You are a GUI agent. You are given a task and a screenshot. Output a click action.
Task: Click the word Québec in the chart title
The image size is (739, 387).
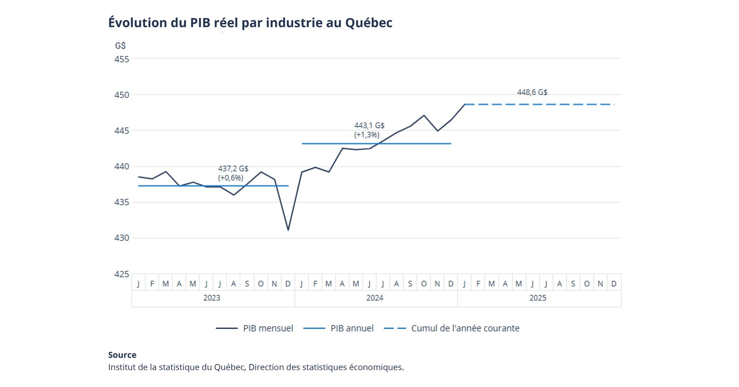(369, 23)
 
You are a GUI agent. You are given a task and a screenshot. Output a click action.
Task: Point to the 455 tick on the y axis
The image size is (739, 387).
(122, 59)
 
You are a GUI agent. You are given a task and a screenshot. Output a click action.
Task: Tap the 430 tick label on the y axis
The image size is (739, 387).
(122, 238)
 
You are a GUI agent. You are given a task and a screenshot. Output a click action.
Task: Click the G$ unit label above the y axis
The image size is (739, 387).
(120, 46)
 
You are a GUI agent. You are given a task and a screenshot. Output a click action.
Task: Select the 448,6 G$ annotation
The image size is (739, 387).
(532, 92)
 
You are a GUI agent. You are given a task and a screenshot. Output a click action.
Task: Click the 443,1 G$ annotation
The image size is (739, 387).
(369, 126)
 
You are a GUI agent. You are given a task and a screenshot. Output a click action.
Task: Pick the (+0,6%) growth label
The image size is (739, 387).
(231, 178)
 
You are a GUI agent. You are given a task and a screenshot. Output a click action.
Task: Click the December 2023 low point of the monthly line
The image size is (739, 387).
(288, 230)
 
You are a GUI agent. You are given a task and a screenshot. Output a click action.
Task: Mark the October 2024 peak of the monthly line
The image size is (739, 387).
(424, 115)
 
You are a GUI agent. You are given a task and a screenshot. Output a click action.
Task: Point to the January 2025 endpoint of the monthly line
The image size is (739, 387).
(464, 104)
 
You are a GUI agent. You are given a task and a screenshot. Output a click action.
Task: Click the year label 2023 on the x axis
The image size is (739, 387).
(212, 298)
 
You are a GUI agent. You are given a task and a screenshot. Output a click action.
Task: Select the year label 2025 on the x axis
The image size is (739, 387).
(537, 298)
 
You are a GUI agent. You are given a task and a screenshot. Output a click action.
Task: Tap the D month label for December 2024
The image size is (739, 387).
(451, 284)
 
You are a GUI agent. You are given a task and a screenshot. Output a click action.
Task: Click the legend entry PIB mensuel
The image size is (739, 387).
(268, 328)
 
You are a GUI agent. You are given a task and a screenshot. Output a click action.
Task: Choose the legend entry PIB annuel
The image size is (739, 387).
(352, 328)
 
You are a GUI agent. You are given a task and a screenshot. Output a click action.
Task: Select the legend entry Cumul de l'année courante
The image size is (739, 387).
(465, 328)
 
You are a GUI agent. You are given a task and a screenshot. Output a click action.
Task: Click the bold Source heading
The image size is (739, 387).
(122, 355)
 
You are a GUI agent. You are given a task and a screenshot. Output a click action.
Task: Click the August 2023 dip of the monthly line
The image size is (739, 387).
(234, 195)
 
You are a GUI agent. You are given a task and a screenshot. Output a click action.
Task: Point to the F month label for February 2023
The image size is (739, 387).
(152, 284)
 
